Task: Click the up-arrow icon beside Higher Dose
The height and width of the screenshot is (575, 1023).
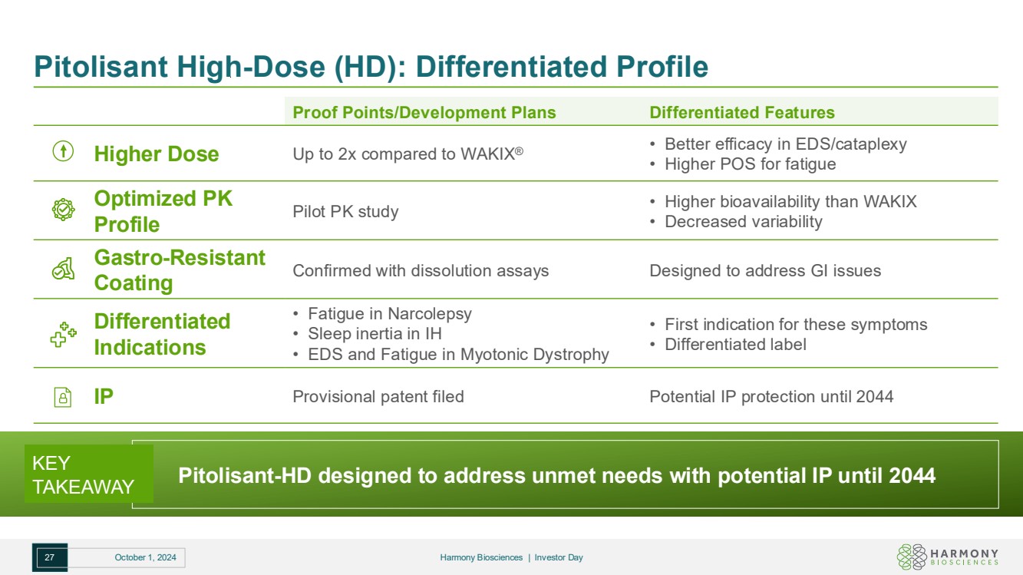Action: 63,150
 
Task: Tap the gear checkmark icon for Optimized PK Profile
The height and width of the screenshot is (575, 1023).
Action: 63,210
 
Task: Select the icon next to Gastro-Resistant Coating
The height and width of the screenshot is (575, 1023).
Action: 63,269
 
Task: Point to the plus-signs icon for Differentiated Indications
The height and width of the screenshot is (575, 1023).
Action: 63,335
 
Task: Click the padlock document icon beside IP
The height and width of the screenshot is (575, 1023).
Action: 63,397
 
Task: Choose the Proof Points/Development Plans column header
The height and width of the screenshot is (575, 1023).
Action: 424,112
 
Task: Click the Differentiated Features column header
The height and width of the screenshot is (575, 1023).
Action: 741,112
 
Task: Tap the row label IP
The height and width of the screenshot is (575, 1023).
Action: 104,396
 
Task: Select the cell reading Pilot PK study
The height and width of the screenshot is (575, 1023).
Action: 345,211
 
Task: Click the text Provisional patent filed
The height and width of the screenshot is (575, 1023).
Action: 378,396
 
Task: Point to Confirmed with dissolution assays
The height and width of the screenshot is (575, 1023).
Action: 421,270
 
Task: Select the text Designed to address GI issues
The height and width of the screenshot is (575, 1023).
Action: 765,270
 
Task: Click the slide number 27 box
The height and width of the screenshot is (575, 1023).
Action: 50,557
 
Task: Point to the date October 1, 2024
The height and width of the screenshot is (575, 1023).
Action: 145,557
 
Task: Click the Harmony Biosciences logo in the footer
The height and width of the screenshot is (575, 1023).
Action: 947,557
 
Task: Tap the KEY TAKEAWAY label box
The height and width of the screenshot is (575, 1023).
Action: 89,474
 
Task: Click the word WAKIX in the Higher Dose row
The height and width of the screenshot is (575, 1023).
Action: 488,154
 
